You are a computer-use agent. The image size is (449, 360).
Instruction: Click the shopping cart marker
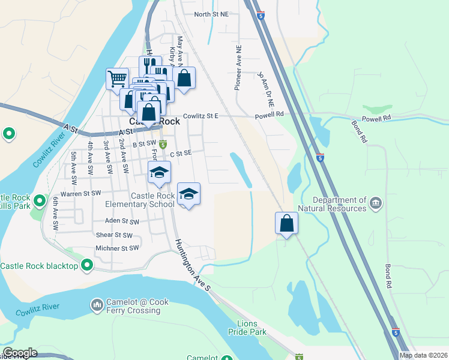(x=117, y=78)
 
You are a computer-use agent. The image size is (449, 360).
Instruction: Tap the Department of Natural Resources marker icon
(x=376, y=203)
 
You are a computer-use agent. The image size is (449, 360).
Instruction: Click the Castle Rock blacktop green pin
(x=87, y=264)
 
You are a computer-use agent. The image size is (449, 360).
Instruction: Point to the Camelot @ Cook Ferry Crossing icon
(x=97, y=306)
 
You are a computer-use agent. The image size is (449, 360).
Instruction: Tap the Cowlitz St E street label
(x=200, y=116)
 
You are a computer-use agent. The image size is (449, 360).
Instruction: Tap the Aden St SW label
(x=122, y=221)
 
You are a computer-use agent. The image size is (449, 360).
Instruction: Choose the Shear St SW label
(x=114, y=235)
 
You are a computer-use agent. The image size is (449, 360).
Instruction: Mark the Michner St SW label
(x=117, y=248)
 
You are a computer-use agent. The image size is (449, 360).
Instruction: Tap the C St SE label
(x=181, y=154)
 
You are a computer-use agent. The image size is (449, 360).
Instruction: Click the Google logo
(x=20, y=353)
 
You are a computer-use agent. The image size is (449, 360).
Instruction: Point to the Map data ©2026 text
(x=423, y=355)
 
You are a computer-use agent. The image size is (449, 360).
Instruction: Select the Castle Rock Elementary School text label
(x=153, y=200)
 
